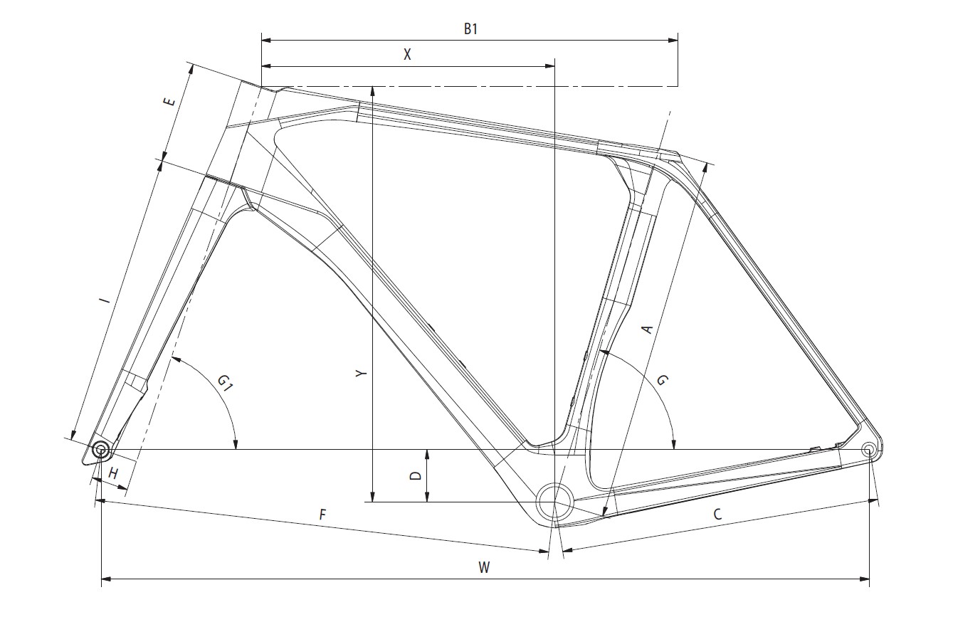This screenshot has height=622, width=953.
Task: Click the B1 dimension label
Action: pyautogui.click(x=470, y=29)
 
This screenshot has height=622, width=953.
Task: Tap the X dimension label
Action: pyautogui.click(x=407, y=55)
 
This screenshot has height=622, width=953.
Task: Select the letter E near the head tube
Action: pyautogui.click(x=169, y=102)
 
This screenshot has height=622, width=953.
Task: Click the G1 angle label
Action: pyautogui.click(x=225, y=384)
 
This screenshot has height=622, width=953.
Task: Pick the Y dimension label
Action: pyautogui.click(x=362, y=373)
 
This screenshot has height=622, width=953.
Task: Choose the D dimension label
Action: pyautogui.click(x=415, y=475)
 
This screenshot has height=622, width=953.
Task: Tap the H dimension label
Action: pyautogui.click(x=113, y=473)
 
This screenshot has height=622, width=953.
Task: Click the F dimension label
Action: pyautogui.click(x=322, y=515)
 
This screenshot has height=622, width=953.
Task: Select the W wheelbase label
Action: pyautogui.click(x=484, y=567)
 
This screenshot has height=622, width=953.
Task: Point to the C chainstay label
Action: pyautogui.click(x=717, y=514)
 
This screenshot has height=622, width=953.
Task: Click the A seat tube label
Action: pyautogui.click(x=647, y=330)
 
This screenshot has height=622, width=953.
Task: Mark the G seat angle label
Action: pyautogui.click(x=663, y=380)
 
